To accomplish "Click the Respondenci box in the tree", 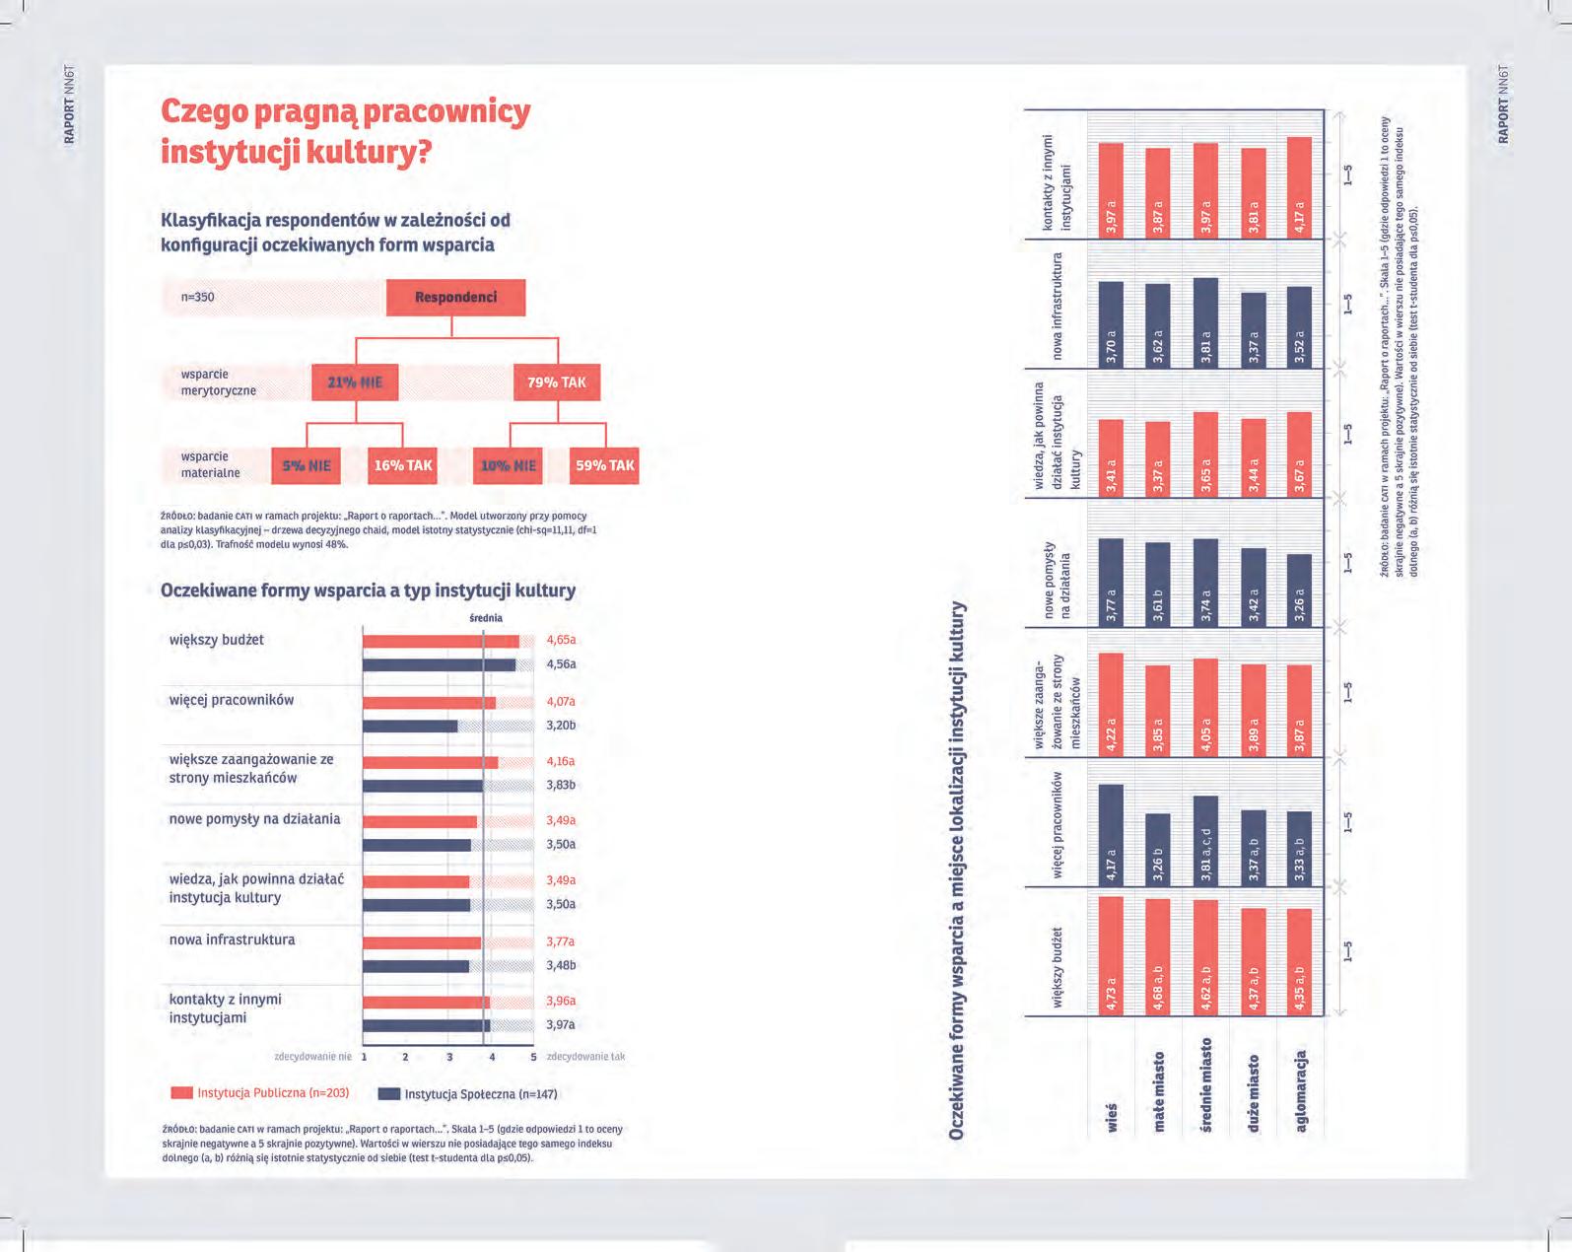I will click(455, 298).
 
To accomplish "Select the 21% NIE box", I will click(355, 383).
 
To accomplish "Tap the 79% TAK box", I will click(557, 383).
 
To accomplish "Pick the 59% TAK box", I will click(604, 465).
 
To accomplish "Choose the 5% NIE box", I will click(307, 465).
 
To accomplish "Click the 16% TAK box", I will click(402, 465).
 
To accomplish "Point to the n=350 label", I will click(197, 297).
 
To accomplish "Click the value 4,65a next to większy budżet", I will click(561, 640).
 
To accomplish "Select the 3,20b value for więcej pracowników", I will click(561, 726).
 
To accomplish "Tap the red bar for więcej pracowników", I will click(429, 703).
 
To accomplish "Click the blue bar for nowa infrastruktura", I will click(416, 966).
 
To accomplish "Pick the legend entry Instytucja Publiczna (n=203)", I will click(261, 1093).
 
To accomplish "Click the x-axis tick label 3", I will click(449, 1057).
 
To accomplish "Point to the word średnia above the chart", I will click(485, 618).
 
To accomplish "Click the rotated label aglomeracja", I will click(1301, 1091).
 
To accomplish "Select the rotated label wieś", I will click(1112, 1118).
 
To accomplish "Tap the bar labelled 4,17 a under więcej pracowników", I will click(1111, 834).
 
